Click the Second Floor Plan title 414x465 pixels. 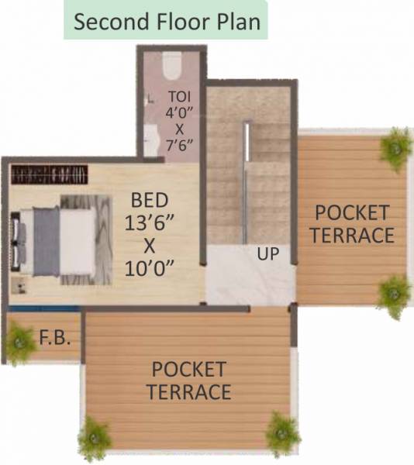point(166,21)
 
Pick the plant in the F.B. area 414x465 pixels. point(19,341)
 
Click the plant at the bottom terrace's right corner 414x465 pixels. point(282,432)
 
